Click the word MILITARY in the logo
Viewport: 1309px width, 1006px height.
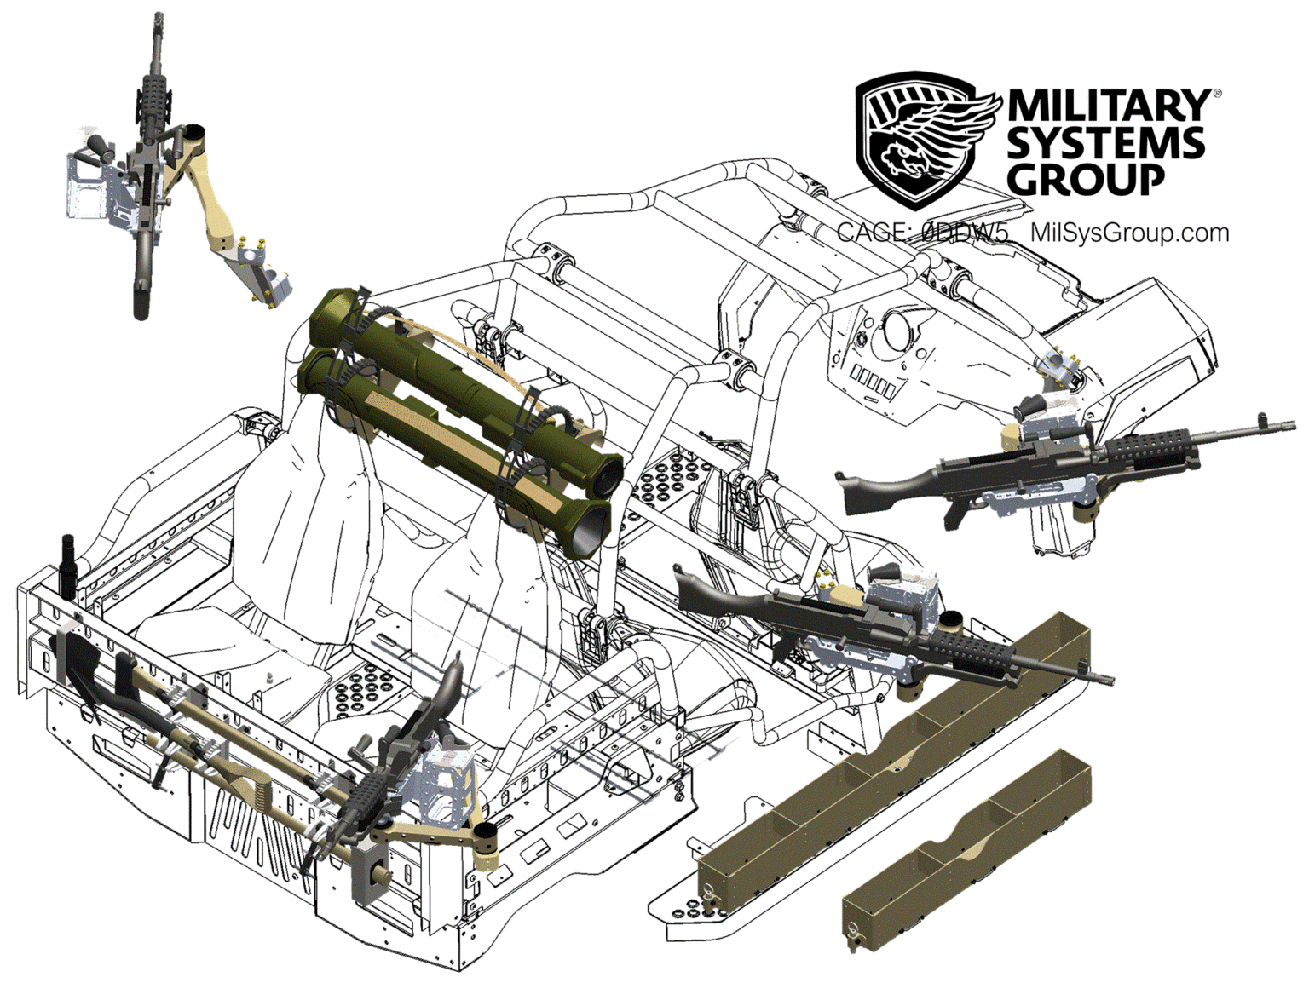pos(1108,106)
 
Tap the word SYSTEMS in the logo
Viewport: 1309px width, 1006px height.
pos(1105,143)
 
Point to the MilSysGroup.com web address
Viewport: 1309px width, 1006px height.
pos(1129,232)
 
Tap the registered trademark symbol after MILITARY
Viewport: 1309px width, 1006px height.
pos(1216,91)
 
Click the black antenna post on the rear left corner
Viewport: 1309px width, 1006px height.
pos(68,562)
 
